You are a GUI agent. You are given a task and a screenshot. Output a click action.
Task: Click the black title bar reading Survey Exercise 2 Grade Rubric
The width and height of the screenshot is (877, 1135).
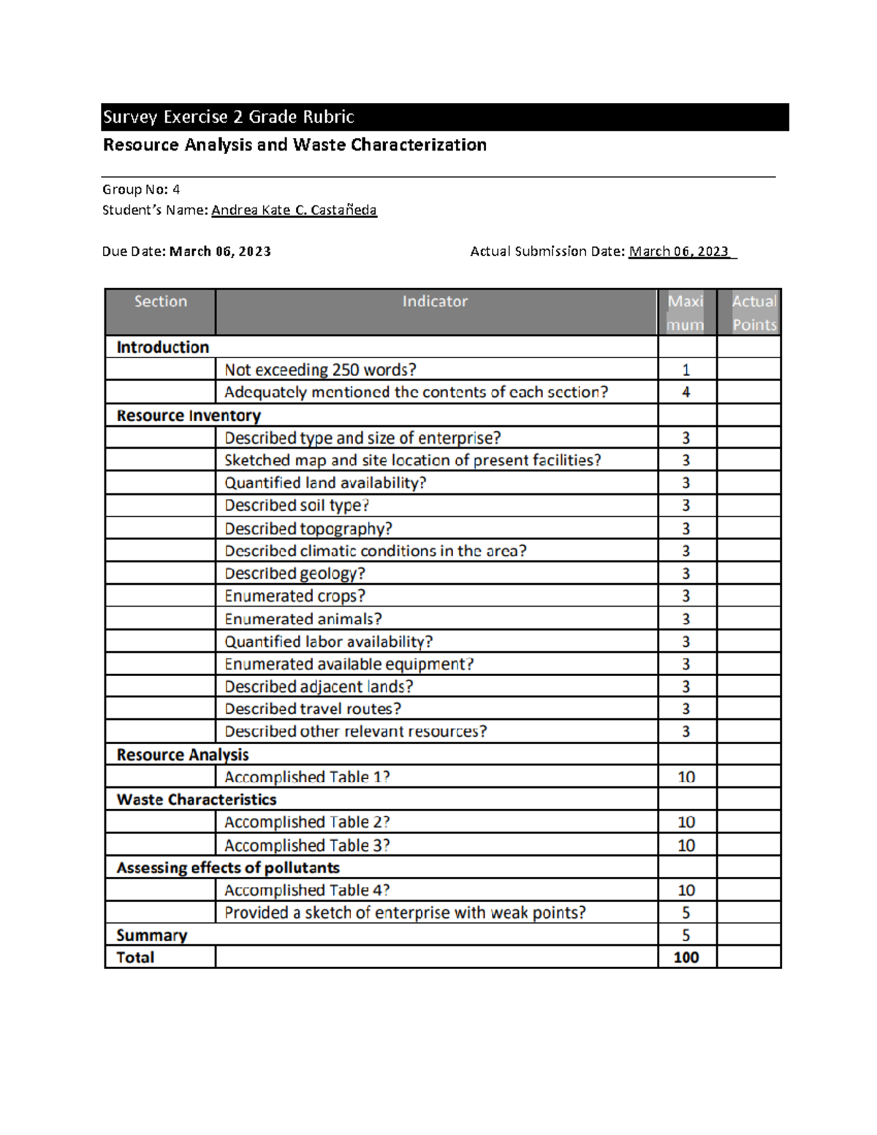pyautogui.click(x=444, y=117)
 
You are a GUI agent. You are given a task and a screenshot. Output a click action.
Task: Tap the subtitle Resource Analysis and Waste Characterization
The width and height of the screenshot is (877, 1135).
pyautogui.click(x=295, y=145)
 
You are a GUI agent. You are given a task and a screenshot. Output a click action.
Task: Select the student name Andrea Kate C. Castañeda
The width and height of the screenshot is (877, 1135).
pyautogui.click(x=294, y=210)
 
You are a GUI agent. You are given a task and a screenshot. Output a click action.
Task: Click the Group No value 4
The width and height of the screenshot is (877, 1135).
pyautogui.click(x=175, y=189)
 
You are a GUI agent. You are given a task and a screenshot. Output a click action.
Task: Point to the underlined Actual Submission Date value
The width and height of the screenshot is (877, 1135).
pyautogui.click(x=679, y=251)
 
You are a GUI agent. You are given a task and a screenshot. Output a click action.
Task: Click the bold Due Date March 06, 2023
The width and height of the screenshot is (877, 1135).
pyautogui.click(x=219, y=251)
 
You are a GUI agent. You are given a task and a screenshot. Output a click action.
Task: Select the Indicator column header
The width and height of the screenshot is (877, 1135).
pyautogui.click(x=435, y=301)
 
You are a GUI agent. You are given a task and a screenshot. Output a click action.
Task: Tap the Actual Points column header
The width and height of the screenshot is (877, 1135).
pyautogui.click(x=753, y=313)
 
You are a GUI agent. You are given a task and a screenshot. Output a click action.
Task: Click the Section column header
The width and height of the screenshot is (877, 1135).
pyautogui.click(x=161, y=301)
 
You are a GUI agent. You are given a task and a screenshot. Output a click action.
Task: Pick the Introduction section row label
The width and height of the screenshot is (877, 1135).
pyautogui.click(x=162, y=347)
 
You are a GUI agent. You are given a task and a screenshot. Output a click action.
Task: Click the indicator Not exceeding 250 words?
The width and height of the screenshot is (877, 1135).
pyautogui.click(x=320, y=370)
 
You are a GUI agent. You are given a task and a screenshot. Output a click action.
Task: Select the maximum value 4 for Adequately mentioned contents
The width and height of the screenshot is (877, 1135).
pyautogui.click(x=686, y=392)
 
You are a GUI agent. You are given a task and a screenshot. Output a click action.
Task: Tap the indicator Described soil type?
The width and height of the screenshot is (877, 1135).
pyautogui.click(x=297, y=506)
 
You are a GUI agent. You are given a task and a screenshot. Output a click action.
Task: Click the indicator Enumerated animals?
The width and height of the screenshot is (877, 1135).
pyautogui.click(x=303, y=619)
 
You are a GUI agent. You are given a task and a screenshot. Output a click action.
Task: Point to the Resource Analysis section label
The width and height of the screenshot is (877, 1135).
pyautogui.click(x=183, y=755)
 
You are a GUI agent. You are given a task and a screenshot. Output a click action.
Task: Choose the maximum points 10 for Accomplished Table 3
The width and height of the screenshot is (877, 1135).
pyautogui.click(x=686, y=846)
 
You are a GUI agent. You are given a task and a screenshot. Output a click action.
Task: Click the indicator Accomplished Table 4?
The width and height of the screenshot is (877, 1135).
pyautogui.click(x=307, y=890)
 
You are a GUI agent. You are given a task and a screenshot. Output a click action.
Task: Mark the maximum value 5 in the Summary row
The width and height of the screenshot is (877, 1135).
pyautogui.click(x=686, y=935)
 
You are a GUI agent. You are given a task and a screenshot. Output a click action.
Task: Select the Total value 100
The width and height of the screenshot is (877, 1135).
pyautogui.click(x=686, y=957)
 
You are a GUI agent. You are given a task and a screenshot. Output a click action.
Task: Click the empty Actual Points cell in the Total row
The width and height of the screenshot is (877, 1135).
pyautogui.click(x=748, y=957)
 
